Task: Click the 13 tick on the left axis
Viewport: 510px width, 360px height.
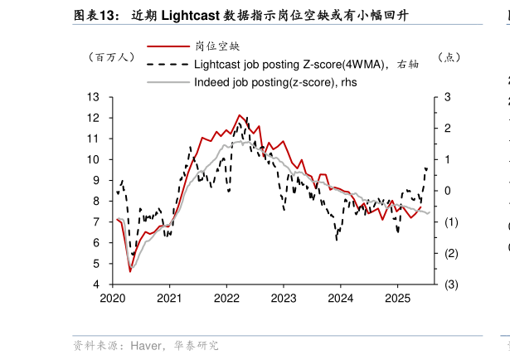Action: click(94, 97)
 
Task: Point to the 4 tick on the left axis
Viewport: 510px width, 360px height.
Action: click(96, 285)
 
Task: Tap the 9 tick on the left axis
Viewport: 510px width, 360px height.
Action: click(96, 180)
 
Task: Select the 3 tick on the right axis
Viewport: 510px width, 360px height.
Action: click(448, 97)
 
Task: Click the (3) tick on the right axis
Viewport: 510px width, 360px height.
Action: click(450, 285)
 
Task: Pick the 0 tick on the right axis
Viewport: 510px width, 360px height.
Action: click(448, 191)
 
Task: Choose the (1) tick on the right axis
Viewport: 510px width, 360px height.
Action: click(450, 222)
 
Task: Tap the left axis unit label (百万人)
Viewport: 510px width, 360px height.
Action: click(110, 58)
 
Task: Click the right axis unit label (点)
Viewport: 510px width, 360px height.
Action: click(448, 58)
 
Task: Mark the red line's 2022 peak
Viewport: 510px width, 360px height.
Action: click(239, 115)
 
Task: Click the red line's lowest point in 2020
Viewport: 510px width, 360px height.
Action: click(130, 270)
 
